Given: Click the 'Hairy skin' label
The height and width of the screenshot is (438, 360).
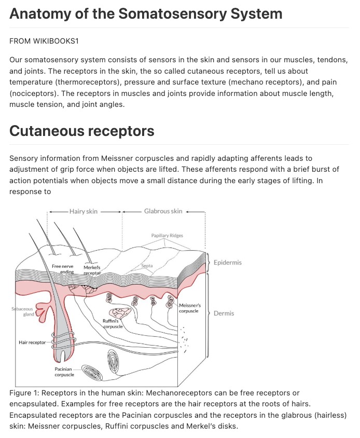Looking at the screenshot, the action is coord(84,211).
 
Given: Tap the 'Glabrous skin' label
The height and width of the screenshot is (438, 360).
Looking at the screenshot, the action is coord(163,211).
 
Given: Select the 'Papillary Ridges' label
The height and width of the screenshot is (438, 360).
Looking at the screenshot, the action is coord(167,236).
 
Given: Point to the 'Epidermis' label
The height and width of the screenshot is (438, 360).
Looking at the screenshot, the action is coord(228,263).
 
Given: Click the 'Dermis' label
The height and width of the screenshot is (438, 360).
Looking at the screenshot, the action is coord(224,313).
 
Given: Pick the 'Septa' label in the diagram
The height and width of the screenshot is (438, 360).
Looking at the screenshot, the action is coord(147,266).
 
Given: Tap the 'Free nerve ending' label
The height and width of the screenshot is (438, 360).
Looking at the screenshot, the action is coord(63,269).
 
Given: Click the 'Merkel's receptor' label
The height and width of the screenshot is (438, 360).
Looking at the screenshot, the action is coord(92,270).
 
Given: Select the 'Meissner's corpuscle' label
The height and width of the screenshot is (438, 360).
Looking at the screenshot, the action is coord(190,308).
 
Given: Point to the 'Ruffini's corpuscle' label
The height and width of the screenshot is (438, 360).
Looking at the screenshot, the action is coord(113,324).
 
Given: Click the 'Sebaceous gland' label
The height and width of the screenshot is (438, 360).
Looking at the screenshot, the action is coord(23,311).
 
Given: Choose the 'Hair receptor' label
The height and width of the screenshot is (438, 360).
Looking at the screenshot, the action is coord(32,343).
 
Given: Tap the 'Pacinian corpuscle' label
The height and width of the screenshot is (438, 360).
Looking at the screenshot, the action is coord(64,372).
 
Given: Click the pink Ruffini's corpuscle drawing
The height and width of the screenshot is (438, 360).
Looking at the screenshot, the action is coord(120,313).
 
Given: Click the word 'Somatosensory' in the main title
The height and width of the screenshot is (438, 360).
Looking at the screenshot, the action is coord(173,14).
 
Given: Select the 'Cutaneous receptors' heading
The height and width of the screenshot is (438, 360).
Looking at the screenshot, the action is coord(82,131).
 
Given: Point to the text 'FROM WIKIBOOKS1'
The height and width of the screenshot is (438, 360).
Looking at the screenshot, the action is coord(44,41).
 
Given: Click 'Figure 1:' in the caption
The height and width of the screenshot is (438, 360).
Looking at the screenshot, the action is coord(24,393).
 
